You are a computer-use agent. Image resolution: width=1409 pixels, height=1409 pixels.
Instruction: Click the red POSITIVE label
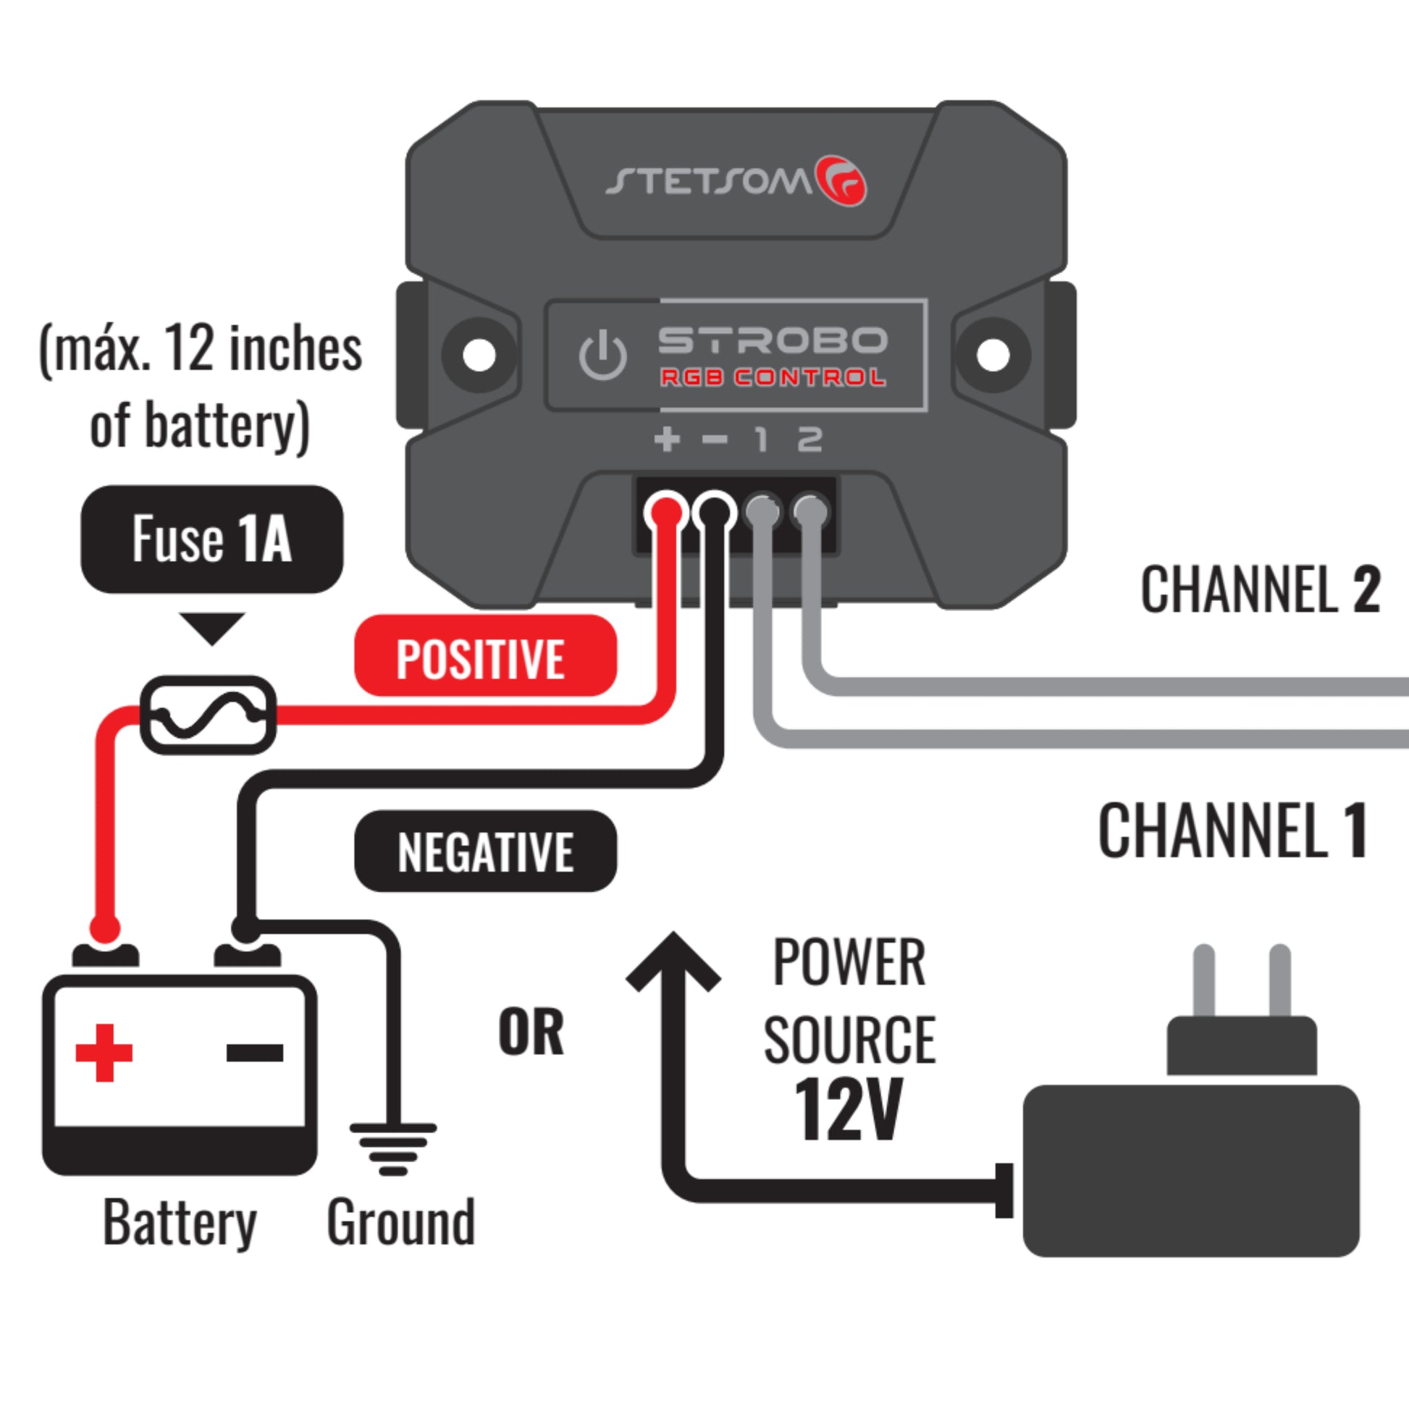(x=485, y=656)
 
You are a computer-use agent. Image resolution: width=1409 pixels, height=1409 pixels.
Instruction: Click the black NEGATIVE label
(x=485, y=851)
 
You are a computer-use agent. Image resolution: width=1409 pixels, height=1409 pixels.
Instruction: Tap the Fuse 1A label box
(x=211, y=539)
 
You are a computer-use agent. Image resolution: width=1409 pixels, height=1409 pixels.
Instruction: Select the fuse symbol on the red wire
(x=208, y=715)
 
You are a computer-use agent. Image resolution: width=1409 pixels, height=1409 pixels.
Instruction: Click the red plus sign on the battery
(x=104, y=1052)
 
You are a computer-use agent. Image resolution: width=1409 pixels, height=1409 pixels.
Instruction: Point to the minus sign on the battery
(x=255, y=1052)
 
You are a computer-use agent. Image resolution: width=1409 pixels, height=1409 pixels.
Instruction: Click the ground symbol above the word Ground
(x=393, y=1147)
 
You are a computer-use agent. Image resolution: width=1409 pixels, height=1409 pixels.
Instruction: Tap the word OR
(x=531, y=1032)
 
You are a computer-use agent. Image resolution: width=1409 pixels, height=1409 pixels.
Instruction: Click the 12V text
(x=849, y=1109)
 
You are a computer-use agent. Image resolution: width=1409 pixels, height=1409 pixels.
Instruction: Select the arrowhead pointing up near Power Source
(x=673, y=962)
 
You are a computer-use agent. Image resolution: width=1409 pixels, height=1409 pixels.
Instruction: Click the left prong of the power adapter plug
(x=1204, y=981)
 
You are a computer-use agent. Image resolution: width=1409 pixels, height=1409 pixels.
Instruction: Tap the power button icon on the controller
(x=602, y=356)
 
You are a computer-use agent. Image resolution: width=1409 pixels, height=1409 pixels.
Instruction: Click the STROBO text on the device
(x=773, y=340)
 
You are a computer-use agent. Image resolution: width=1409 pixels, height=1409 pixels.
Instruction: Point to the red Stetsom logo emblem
(x=841, y=180)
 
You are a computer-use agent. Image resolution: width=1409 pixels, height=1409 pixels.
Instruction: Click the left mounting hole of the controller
(x=479, y=356)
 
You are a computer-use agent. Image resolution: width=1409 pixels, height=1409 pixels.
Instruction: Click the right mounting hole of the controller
(x=993, y=356)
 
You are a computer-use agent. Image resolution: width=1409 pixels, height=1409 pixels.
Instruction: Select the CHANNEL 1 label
(x=1232, y=830)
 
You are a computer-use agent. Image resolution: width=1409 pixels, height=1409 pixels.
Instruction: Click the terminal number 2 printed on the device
(x=809, y=439)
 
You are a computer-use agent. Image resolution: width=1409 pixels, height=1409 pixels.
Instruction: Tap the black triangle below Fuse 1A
(x=212, y=626)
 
